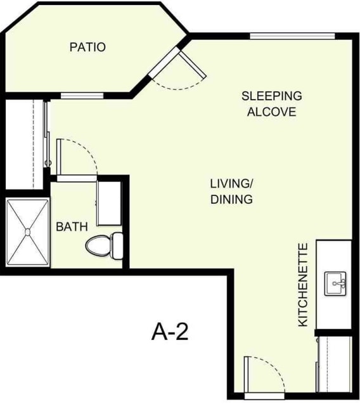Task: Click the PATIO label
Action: [x=87, y=47]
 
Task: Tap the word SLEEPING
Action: [x=271, y=96]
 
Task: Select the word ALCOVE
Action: [x=271, y=112]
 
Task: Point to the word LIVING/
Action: [x=231, y=184]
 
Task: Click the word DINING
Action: [x=231, y=199]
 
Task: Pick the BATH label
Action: [x=71, y=226]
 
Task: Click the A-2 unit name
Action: [x=170, y=331]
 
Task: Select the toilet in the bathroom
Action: [x=105, y=245]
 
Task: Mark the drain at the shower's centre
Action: [x=27, y=233]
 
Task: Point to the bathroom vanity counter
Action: [x=108, y=203]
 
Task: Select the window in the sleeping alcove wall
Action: [x=291, y=36]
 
